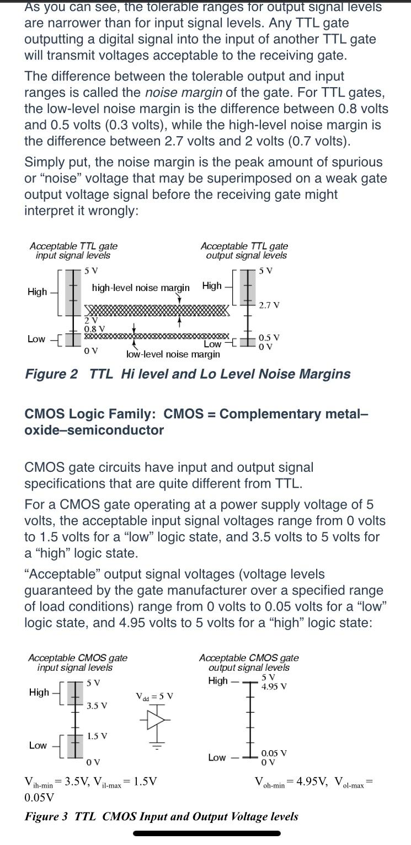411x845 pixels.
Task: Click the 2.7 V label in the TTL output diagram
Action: (x=269, y=305)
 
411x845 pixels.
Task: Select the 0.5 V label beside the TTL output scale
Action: (x=269, y=337)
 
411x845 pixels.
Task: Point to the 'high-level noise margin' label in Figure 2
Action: (x=140, y=288)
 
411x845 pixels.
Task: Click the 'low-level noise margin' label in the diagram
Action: (x=173, y=354)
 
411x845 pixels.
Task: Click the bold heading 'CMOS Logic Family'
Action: (x=89, y=414)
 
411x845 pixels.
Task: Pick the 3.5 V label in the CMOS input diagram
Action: (x=97, y=705)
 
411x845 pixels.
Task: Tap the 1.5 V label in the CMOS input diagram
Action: (x=97, y=736)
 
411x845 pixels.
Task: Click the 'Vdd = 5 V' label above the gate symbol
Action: (x=154, y=696)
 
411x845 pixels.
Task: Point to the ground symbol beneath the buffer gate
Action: (x=156, y=747)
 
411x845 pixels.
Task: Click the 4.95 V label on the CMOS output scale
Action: (x=274, y=686)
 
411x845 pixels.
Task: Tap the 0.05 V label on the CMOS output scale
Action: (x=274, y=753)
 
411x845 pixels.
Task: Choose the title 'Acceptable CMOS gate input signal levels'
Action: (x=77, y=663)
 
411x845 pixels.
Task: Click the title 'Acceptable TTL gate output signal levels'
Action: (x=244, y=251)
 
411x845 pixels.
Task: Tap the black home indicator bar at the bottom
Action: (x=207, y=833)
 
